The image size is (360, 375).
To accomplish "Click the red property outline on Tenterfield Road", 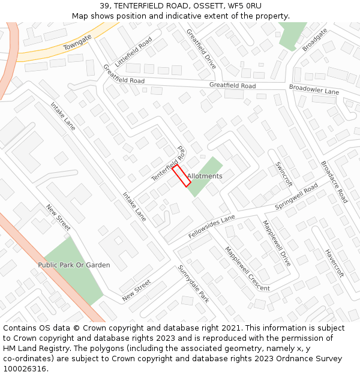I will [x=182, y=176].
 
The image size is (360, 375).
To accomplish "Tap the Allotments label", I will [x=205, y=176].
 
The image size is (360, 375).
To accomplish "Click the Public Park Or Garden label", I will [x=74, y=265].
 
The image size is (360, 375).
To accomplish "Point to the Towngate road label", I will [x=78, y=42].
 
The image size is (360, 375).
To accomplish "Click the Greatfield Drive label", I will [x=201, y=49].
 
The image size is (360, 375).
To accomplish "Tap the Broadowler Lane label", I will [x=314, y=89].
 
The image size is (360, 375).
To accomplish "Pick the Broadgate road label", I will [x=315, y=40].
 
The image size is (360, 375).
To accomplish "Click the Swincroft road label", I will [x=283, y=174].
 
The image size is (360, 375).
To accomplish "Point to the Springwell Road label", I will [x=296, y=197].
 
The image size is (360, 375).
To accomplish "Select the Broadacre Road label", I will [x=334, y=182].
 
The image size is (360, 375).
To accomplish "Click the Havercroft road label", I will [x=334, y=263].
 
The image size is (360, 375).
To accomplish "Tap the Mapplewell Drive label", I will [x=277, y=244].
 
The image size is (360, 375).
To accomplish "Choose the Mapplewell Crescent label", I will [x=247, y=269].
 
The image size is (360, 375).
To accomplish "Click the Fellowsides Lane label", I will [x=211, y=227].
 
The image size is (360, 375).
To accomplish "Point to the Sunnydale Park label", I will [x=193, y=284].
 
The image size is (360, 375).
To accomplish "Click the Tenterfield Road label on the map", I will [x=168, y=163].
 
